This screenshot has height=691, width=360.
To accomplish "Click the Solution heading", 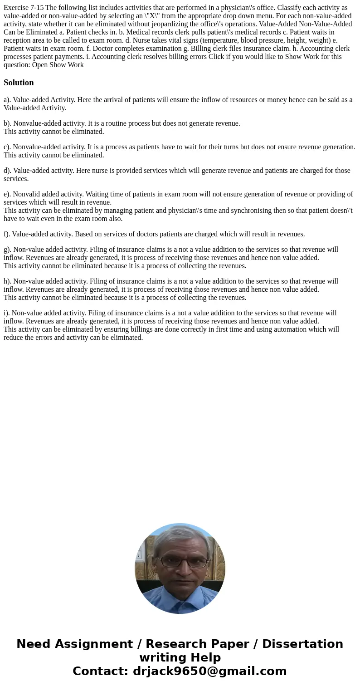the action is (x=19, y=83).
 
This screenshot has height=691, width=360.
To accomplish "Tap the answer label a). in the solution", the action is (x=7, y=100).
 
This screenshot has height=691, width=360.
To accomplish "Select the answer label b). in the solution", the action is (x=7, y=123).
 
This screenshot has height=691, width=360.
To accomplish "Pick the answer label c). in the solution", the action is (x=7, y=147).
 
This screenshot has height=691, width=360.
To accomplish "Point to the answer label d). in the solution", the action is (x=7, y=171).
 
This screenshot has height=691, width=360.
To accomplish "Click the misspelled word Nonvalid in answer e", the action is (x=26, y=194).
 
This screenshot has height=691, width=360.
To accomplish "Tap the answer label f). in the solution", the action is (x=7, y=234).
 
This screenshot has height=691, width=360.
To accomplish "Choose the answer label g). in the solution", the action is (x=7, y=250).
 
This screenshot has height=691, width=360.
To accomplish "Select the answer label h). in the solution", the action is (x=7, y=281).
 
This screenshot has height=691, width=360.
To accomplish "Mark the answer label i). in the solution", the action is (x=6, y=313).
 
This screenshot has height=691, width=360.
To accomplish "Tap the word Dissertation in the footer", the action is (x=302, y=644).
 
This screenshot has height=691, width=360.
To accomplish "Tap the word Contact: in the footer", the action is (x=101, y=671).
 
